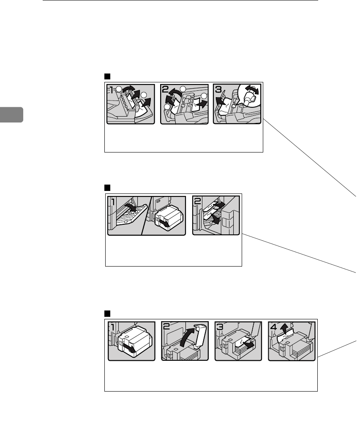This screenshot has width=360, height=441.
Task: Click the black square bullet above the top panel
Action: [x=107, y=76]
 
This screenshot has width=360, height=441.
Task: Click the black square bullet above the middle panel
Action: [x=107, y=188]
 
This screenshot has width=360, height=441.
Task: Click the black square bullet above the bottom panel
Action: [x=107, y=313]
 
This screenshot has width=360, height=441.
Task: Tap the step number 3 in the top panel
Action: [x=218, y=90]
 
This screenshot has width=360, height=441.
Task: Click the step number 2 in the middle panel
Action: [x=197, y=201]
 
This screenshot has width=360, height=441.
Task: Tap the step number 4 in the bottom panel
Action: [x=273, y=327]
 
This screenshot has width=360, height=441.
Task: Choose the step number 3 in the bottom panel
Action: [x=220, y=327]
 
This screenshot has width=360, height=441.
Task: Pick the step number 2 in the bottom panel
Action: [x=166, y=327]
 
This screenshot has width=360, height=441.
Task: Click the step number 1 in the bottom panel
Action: [x=112, y=327]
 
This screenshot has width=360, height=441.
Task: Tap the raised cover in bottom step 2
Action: [x=200, y=334]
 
